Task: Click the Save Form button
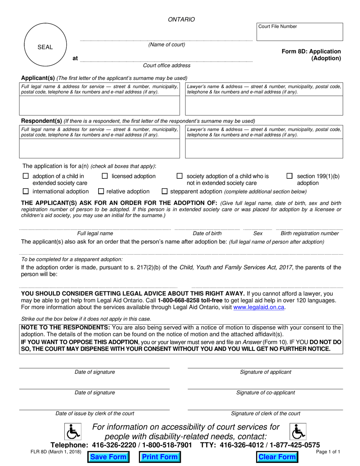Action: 108,457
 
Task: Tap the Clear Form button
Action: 277,457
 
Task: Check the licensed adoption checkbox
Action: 105,176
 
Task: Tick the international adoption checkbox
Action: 26,191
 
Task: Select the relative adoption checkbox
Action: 101,191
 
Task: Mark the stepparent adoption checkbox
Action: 164,191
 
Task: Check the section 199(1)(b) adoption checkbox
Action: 290,176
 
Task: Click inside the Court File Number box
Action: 300,34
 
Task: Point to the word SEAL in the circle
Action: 45,47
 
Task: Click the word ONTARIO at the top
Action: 182,19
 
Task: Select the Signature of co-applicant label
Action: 265,393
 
